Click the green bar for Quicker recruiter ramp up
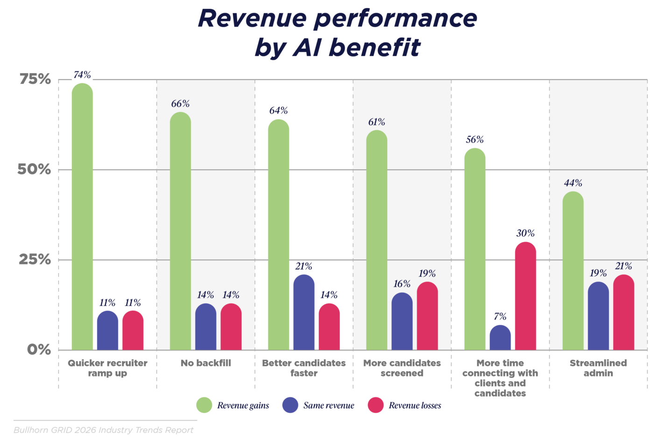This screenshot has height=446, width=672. point(82,217)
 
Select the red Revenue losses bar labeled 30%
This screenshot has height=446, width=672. point(525,296)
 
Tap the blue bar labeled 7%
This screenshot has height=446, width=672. point(500,338)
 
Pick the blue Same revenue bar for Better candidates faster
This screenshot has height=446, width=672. point(304,313)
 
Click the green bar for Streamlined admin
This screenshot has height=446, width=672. point(573,271)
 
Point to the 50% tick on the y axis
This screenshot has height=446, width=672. point(34,169)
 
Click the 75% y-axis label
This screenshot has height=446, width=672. point(35,79)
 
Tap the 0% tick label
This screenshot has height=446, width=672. point(39,349)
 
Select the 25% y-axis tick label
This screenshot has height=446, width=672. point(35,259)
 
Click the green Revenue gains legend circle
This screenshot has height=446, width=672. point(204,405)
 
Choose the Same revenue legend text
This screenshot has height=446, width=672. point(329,405)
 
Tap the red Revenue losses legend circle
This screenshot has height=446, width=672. point(376,405)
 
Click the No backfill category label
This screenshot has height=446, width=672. point(206,363)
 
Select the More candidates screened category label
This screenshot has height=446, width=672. point(402,368)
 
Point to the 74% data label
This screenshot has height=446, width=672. point(82,75)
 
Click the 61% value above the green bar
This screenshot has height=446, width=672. point(377,122)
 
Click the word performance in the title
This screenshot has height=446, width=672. point(396,19)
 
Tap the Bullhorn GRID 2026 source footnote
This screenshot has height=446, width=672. point(103,430)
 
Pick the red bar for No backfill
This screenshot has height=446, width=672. point(231,327)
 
